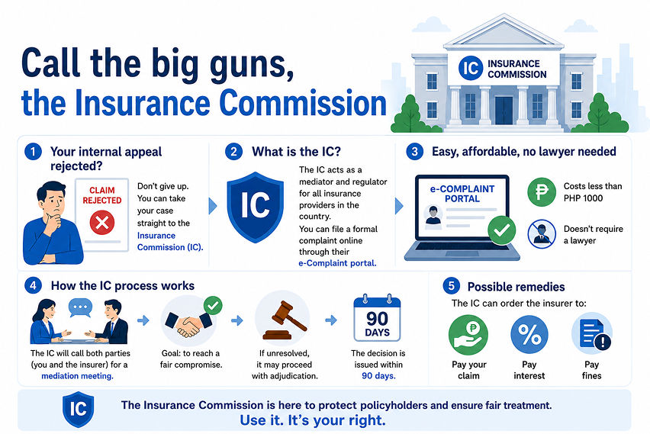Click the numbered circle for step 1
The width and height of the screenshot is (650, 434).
point(33,152)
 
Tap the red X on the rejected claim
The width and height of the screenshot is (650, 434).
point(102,223)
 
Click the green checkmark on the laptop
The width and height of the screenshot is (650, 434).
point(501,230)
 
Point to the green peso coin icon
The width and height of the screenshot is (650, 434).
point(542,192)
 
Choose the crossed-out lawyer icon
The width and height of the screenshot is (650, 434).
point(542,234)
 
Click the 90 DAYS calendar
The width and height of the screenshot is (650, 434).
point(377,317)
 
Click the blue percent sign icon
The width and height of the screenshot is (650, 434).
point(529,334)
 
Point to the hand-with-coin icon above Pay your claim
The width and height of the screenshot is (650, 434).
point(468,335)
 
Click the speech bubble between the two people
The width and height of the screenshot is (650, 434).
point(80,308)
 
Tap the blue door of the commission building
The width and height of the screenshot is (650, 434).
point(504,111)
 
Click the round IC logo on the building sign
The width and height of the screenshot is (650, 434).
point(471,68)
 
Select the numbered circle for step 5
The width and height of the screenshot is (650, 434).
point(451,286)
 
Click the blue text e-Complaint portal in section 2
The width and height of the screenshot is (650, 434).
point(337,263)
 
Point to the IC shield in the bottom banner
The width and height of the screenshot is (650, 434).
point(78,410)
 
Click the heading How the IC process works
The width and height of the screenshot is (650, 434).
point(123,285)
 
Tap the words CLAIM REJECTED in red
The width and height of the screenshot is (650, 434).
point(102,195)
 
